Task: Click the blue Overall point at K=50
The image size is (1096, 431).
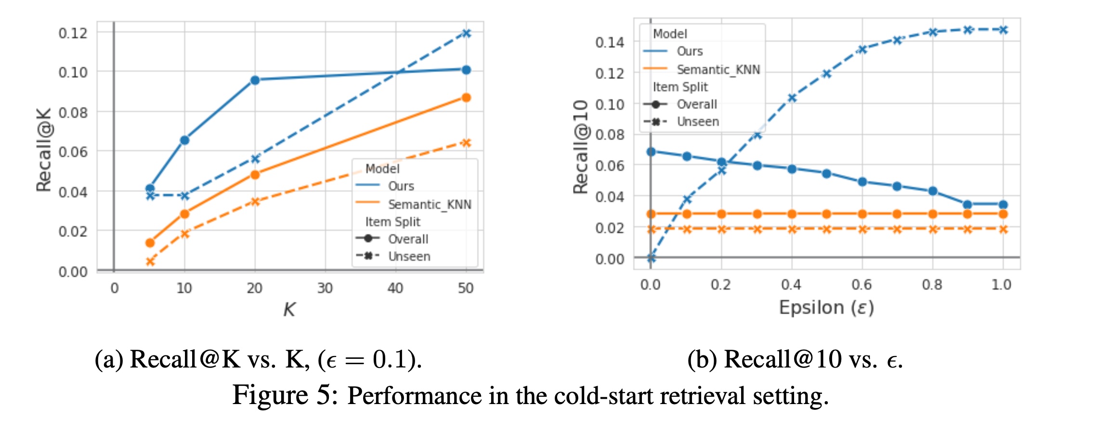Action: coord(466,70)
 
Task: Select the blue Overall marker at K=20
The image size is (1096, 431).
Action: coord(255,80)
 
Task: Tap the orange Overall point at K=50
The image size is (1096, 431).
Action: coord(466,98)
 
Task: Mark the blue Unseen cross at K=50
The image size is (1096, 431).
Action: coord(466,33)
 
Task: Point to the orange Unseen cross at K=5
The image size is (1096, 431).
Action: coord(150,262)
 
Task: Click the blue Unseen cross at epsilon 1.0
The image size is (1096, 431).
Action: coord(1003,30)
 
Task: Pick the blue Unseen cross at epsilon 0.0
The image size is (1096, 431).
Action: coord(651,258)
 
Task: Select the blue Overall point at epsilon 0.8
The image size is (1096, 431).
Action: coord(933,191)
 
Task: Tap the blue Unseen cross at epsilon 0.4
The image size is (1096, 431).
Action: coord(792,98)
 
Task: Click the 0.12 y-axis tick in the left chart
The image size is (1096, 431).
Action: coord(73,33)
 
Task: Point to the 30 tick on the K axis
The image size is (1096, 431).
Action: coord(325,288)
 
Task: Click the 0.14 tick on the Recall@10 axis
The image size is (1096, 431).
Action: coord(610,42)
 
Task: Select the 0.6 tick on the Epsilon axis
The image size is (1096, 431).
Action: coord(861,285)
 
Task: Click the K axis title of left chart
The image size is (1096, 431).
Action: coord(289,309)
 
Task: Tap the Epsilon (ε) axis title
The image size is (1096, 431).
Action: coord(826,307)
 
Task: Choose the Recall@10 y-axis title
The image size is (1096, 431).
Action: coord(581,147)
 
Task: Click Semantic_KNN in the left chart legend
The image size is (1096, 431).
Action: coord(430,204)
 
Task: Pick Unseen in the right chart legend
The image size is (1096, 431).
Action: coord(698,122)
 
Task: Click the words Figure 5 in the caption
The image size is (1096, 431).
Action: coord(286,395)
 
